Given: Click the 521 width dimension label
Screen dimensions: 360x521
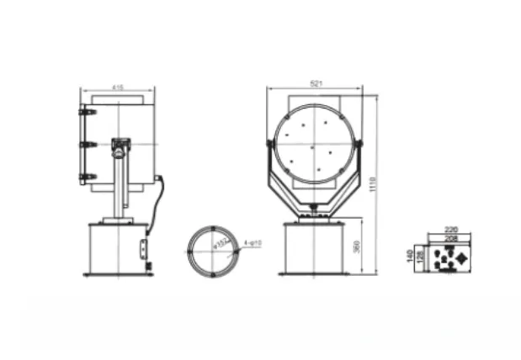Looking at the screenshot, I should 316,82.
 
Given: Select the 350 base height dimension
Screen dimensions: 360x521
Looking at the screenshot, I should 357,246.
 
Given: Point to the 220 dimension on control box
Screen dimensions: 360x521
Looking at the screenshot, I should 450,229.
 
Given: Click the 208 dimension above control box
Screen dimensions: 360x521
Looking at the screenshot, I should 450,239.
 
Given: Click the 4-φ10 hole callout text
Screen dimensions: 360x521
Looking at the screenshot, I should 253,243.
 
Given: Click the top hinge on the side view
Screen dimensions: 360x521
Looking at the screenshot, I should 83,112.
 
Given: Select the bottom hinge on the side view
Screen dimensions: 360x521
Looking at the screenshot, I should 83,177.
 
